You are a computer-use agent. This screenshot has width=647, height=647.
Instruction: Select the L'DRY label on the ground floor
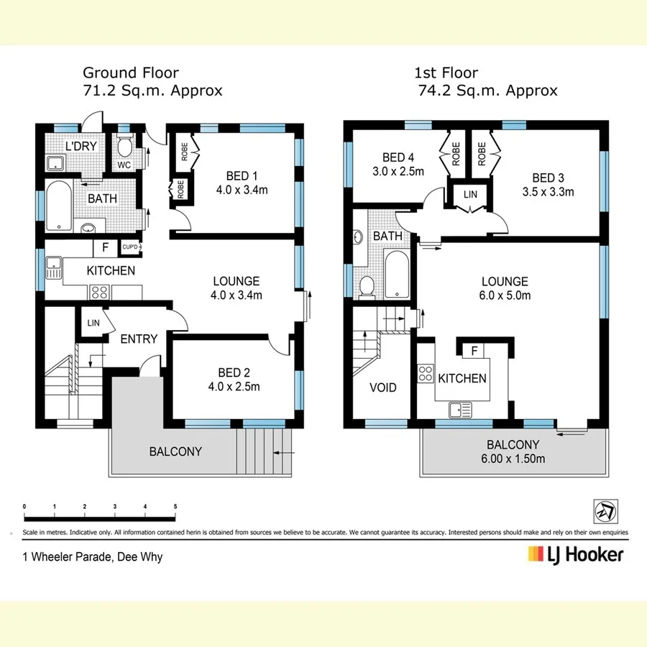[x=81, y=147]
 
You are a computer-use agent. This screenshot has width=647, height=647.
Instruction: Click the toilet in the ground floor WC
[x=124, y=148]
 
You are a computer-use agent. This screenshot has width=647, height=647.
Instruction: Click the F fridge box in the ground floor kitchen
[x=105, y=247]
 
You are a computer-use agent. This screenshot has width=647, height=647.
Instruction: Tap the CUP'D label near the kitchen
[x=130, y=247]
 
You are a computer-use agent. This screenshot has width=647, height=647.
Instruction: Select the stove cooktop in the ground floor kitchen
[x=98, y=292]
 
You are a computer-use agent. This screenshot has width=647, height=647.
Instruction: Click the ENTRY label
[x=139, y=339]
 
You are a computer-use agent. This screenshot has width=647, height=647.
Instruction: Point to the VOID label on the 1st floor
[x=382, y=387]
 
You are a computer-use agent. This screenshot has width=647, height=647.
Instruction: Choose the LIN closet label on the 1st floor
[x=470, y=195]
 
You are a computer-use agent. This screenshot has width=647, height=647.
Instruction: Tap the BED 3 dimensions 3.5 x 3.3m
[x=548, y=192]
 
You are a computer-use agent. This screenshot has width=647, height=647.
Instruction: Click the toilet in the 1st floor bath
[x=367, y=286]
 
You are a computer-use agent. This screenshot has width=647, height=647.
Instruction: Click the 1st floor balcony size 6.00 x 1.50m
[x=513, y=459]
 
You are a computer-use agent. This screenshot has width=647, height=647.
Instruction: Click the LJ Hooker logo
[x=575, y=554]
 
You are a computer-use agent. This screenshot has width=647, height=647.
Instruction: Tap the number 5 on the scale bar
[x=175, y=507]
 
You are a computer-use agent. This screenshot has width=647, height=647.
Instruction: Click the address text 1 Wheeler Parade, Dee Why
[x=93, y=556]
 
